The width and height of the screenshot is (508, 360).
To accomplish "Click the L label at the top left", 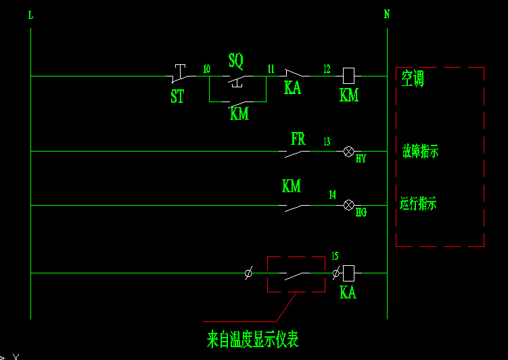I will coord(31,15).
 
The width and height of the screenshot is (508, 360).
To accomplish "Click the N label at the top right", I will coord(387,14).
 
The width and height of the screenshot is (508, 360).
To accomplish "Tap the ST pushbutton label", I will coord(177,97).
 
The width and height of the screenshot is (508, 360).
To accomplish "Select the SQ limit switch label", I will coord(235,62).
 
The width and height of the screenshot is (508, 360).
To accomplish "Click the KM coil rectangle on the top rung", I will coord(349,75).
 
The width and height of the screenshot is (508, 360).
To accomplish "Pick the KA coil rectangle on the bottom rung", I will coord(349,273).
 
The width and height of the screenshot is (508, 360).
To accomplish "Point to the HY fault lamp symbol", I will coord(349,151).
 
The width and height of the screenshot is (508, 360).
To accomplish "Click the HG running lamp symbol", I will coord(349,205).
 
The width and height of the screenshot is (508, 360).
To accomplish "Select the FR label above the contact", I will coord(298,139).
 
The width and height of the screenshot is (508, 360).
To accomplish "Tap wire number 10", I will coord(206,68).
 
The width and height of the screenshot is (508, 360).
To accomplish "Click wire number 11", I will coord(271,68).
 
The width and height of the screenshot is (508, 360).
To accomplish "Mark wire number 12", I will coord(327,68).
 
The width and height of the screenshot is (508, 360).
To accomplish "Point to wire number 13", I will coord(327,141).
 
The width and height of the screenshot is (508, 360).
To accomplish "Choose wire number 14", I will coord(332,195).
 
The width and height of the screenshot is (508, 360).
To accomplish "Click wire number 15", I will coord(335,256).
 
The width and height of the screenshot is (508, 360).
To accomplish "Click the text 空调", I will coord(413,79).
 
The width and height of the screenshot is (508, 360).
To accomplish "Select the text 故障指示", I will coord(420,152).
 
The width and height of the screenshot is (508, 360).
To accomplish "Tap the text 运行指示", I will coord(418,203).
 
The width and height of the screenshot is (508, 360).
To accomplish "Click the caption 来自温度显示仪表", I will coord(252,338).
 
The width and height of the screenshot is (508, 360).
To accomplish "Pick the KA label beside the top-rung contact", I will coord(292,88).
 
